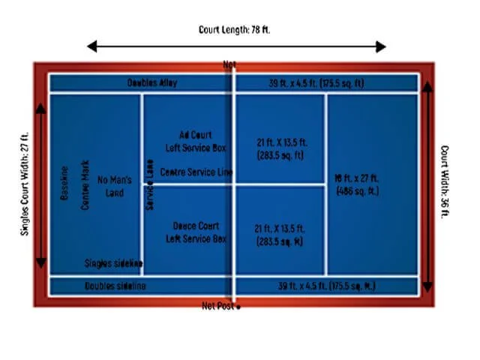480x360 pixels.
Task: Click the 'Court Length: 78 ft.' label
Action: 237,30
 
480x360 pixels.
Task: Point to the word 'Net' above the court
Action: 229,65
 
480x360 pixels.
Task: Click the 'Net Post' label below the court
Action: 219,306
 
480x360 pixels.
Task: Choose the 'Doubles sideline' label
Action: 115,286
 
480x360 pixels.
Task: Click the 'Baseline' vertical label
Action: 64,183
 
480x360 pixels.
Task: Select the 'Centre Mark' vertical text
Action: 84,184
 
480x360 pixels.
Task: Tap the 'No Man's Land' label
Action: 115,186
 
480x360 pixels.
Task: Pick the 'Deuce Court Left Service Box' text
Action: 196,232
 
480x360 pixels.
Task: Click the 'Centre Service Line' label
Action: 197,172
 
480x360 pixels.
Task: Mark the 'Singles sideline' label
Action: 114,262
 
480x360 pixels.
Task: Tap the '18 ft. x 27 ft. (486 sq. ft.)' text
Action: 356,184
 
